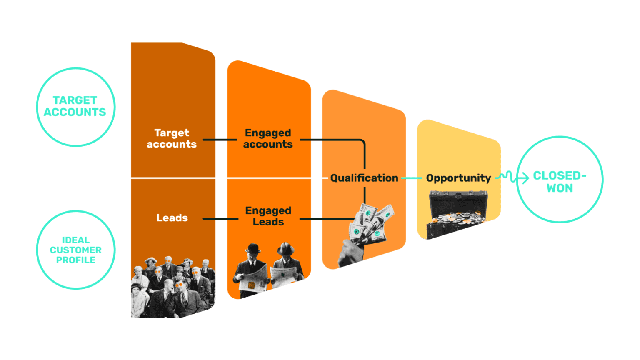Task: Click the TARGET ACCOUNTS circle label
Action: [75, 106]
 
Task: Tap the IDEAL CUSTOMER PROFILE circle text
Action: [75, 250]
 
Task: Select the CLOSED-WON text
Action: [560, 182]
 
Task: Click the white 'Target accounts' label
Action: [171, 138]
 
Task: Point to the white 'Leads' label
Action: [172, 217]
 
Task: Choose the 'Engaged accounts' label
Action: [268, 138]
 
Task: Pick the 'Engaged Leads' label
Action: [268, 216]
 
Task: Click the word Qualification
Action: [364, 178]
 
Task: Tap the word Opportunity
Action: [458, 178]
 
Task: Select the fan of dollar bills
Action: [372, 223]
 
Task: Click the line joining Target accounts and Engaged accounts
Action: [220, 140]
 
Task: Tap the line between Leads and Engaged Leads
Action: [220, 218]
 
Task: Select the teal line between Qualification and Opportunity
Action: [412, 178]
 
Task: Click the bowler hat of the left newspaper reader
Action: [253, 249]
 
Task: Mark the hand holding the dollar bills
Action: [350, 252]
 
